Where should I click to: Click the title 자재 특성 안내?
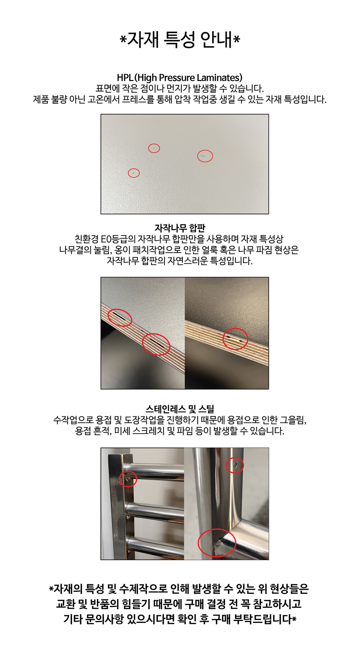[180, 39]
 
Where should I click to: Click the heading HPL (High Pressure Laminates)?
[180, 77]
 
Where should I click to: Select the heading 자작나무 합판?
[180, 228]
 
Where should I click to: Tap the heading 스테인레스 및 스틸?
[180, 409]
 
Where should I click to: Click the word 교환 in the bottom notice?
[66, 604]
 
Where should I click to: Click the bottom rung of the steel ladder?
[155, 546]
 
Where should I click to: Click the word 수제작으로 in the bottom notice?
[143, 589]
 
